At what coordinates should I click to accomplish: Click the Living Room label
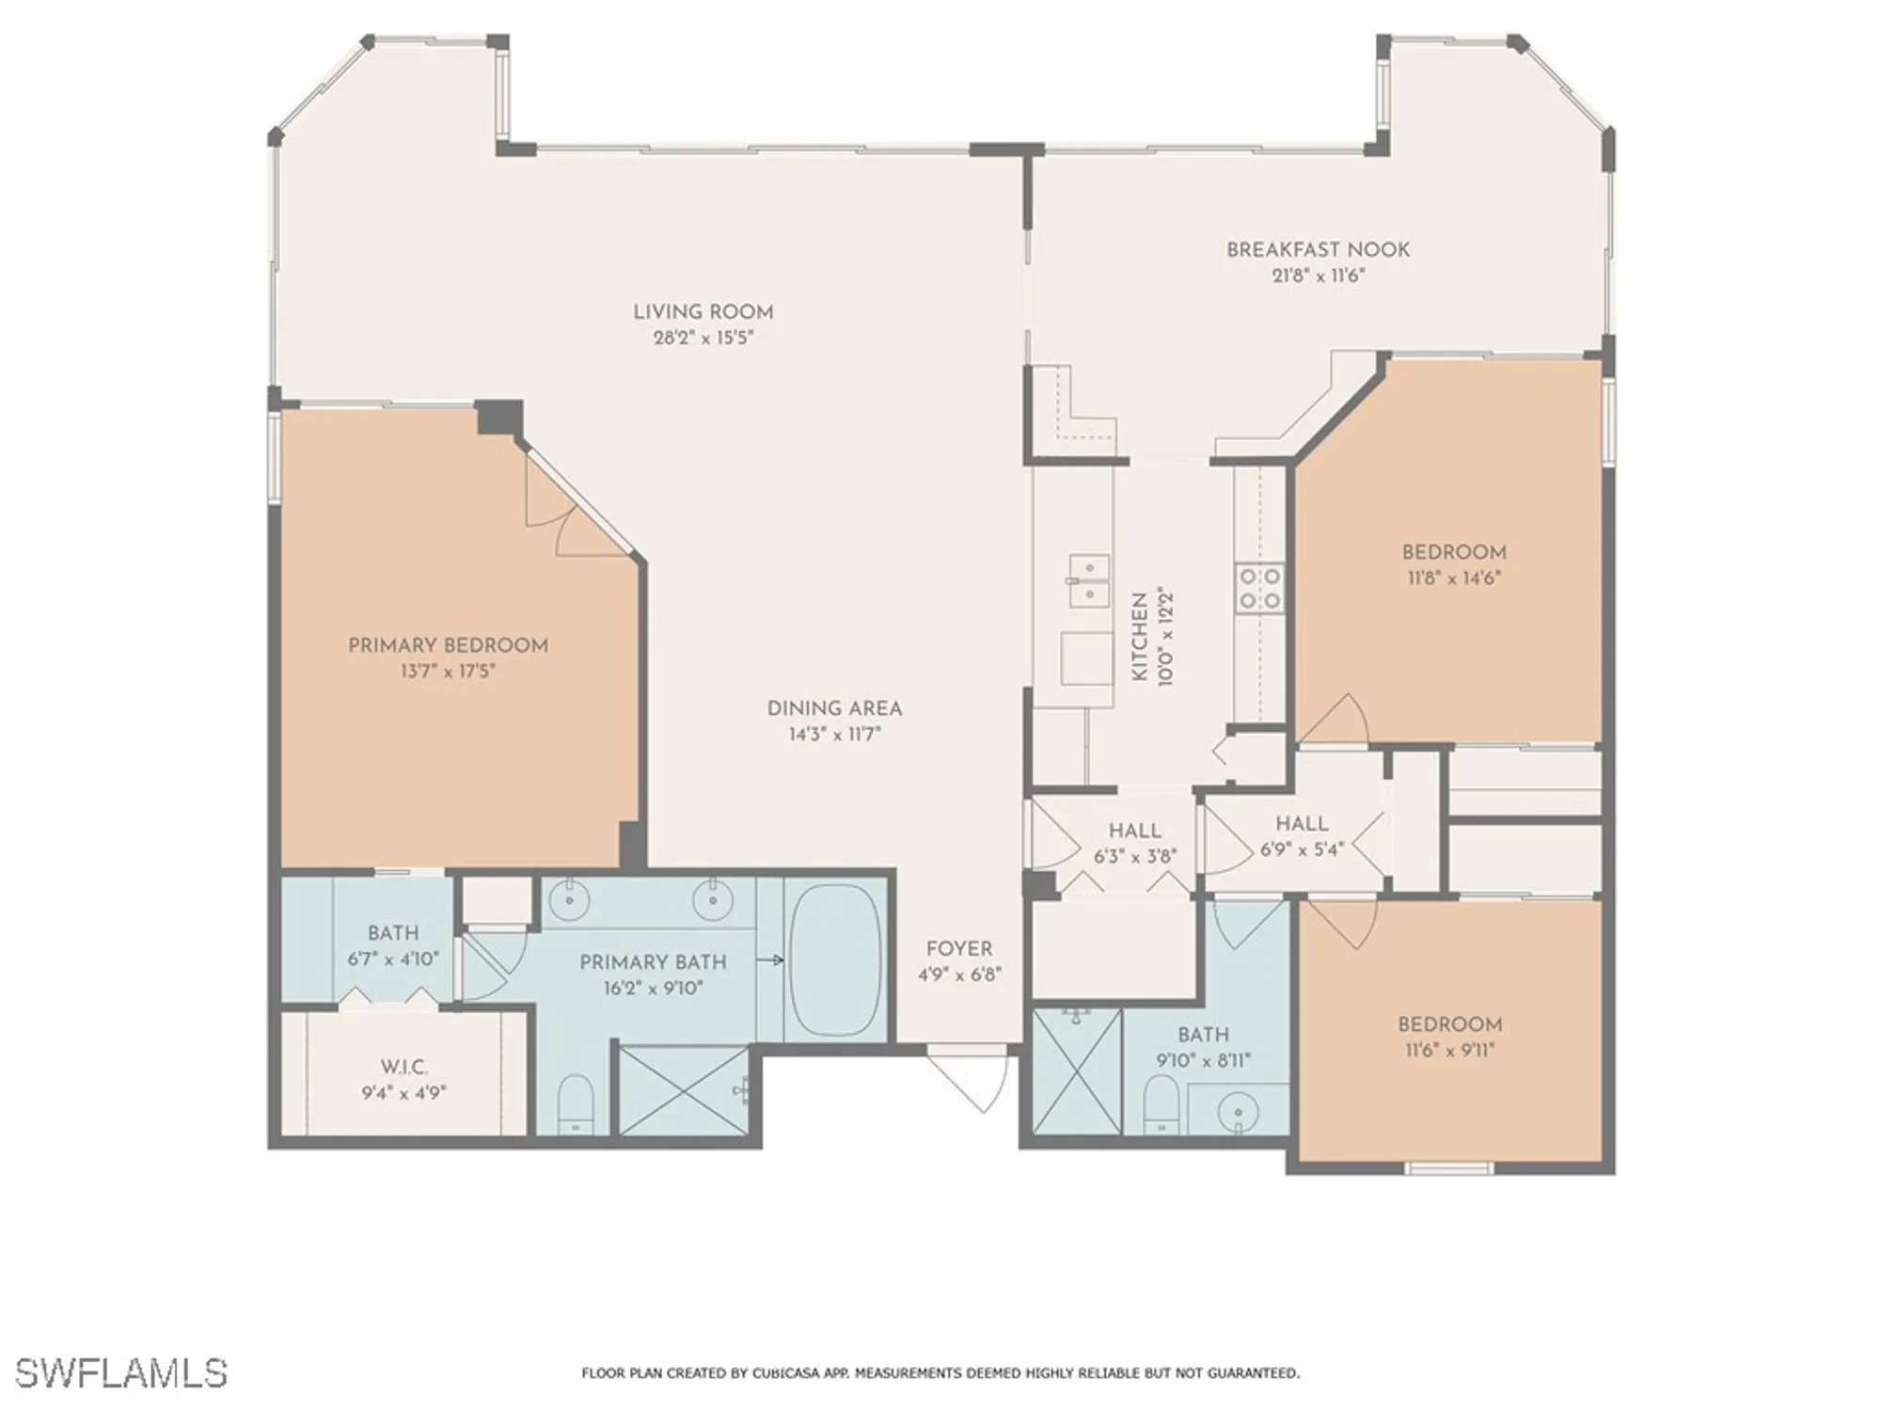(x=703, y=312)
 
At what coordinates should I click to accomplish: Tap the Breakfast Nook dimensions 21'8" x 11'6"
(x=1317, y=276)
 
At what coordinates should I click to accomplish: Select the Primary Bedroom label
(x=448, y=645)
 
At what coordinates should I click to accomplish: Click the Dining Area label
(x=834, y=709)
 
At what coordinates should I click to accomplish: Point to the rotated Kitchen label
(x=1139, y=637)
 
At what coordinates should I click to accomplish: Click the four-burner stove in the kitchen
(x=1259, y=587)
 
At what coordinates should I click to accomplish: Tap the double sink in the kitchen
(x=1088, y=580)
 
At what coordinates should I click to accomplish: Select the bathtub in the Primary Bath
(x=834, y=959)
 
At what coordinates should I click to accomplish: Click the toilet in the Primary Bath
(x=575, y=1104)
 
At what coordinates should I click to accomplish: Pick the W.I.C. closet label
(x=404, y=1068)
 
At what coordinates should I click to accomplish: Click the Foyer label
(x=958, y=949)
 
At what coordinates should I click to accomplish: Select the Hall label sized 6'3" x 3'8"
(x=1134, y=832)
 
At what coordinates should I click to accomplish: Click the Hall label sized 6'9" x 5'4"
(x=1302, y=824)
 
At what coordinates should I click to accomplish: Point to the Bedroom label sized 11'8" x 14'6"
(x=1453, y=552)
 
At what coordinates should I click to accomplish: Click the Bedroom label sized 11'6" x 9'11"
(x=1449, y=1024)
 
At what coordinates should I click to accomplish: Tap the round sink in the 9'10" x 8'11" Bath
(x=1237, y=1113)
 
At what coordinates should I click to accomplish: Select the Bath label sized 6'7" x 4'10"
(x=393, y=933)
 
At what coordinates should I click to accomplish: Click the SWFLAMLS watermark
(x=121, y=1372)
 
